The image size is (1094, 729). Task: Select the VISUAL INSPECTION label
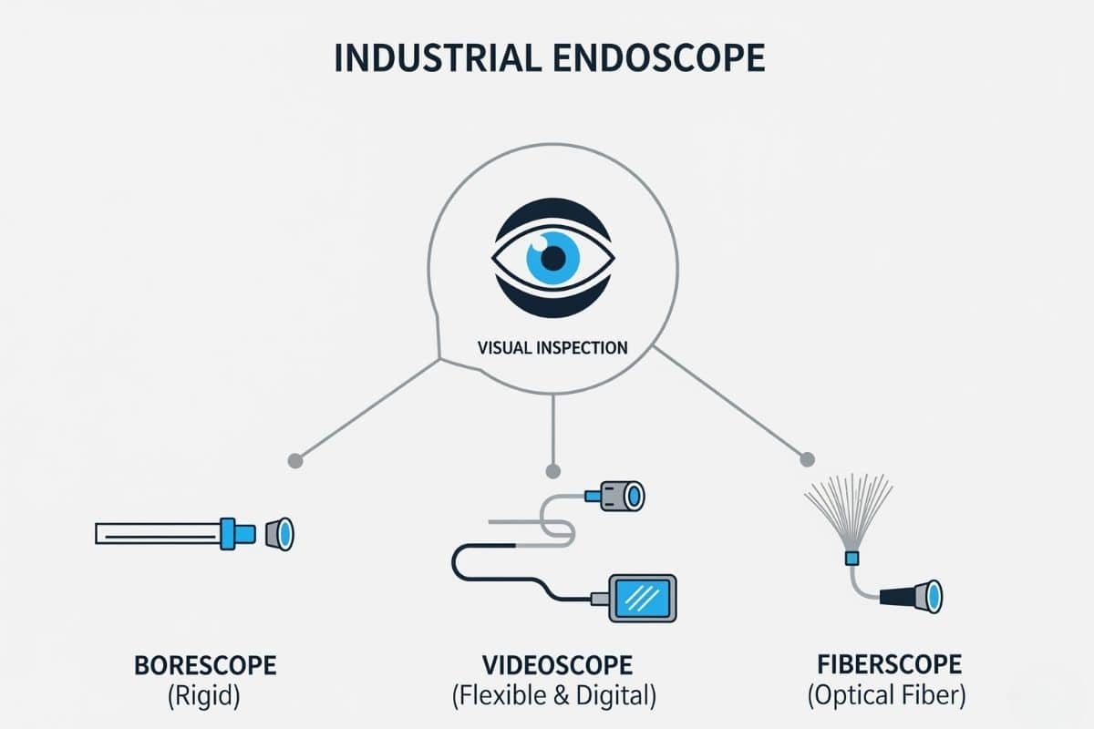click(x=552, y=347)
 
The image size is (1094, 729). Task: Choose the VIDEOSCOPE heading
click(x=553, y=663)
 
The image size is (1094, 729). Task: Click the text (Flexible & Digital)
click(x=553, y=697)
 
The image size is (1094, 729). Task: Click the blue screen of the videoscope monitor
click(x=641, y=598)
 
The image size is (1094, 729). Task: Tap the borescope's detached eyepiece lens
click(x=280, y=533)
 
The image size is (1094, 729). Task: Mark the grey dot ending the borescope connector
click(x=294, y=460)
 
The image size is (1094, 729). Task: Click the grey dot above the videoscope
click(x=552, y=471)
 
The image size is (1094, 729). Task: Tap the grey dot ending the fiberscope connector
click(x=806, y=458)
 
